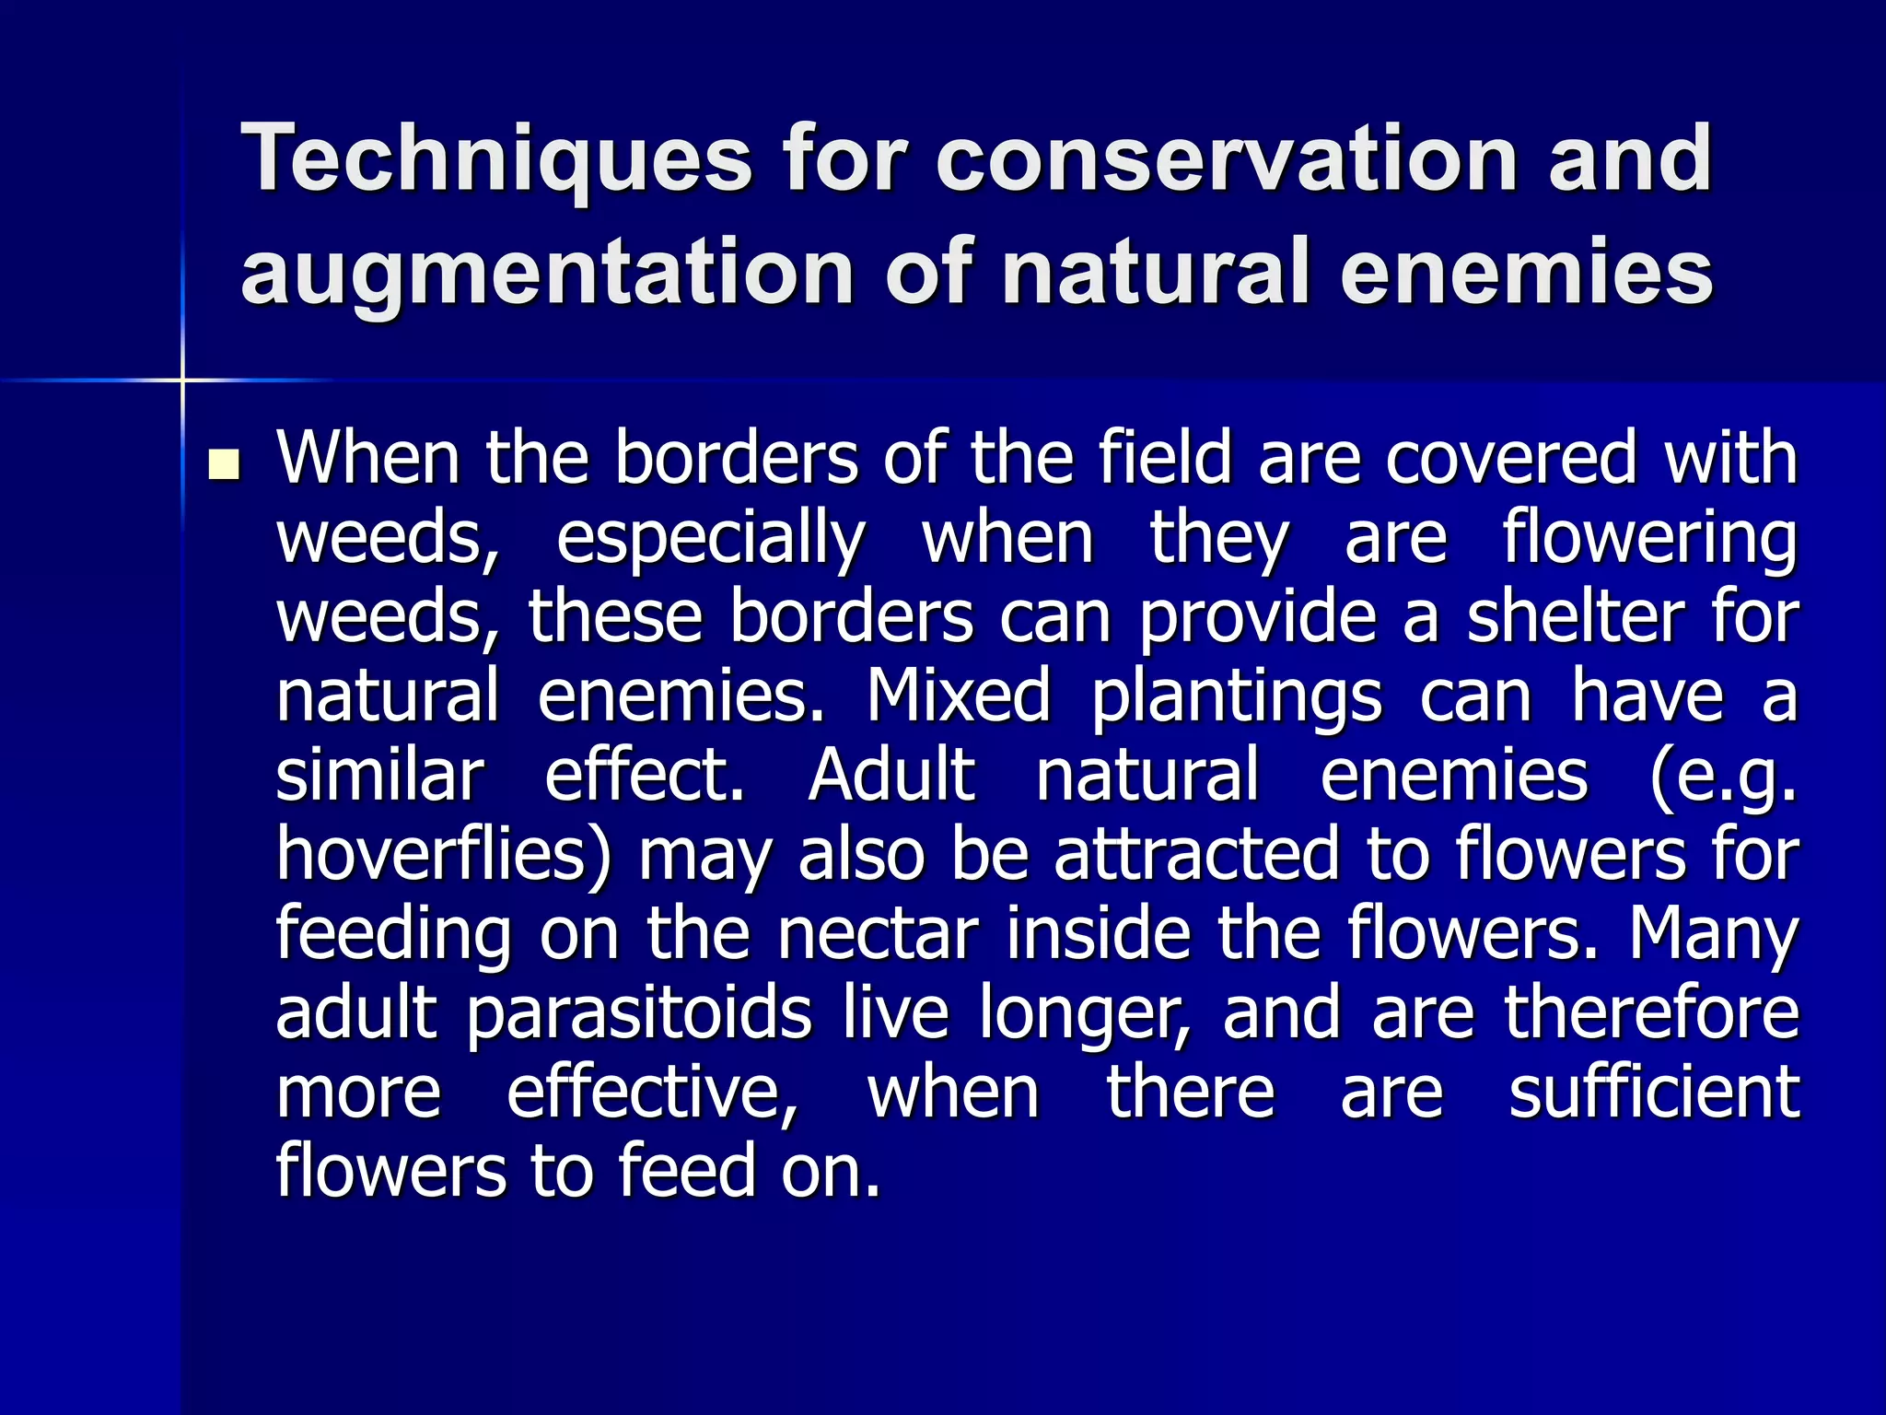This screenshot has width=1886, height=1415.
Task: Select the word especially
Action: pyautogui.click(x=710, y=539)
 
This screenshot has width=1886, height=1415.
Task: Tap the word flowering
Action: pyautogui.click(x=1649, y=539)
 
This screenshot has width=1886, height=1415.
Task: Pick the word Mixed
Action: pyautogui.click(x=958, y=696)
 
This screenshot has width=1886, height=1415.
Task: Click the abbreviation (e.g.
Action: pyautogui.click(x=1723, y=777)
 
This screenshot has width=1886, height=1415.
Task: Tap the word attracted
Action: pyautogui.click(x=1196, y=855)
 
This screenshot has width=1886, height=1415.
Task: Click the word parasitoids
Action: pyautogui.click(x=639, y=1014)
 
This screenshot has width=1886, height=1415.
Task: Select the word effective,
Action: pyautogui.click(x=653, y=1093)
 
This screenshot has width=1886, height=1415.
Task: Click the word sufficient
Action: pyautogui.click(x=1654, y=1093)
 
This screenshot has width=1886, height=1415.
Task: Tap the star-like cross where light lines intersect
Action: pyautogui.click(x=182, y=380)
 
